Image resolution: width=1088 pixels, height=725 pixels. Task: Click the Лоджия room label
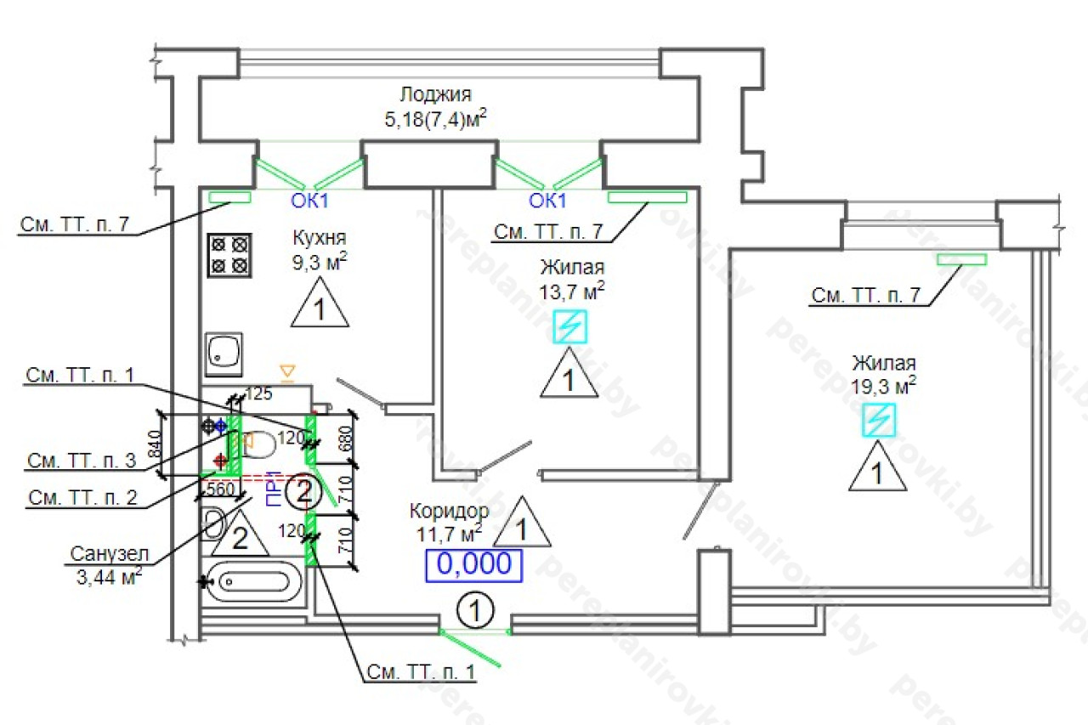436,94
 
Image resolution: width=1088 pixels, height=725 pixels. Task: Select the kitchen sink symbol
224,353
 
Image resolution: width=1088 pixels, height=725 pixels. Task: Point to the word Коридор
449,512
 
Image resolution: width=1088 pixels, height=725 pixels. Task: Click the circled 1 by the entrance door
476,610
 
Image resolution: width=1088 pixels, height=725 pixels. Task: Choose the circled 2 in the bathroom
300,492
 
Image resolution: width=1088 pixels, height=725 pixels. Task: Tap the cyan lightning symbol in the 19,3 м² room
880,420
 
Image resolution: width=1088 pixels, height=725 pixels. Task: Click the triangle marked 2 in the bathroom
240,536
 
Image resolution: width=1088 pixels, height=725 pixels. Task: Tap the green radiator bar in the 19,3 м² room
961,259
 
